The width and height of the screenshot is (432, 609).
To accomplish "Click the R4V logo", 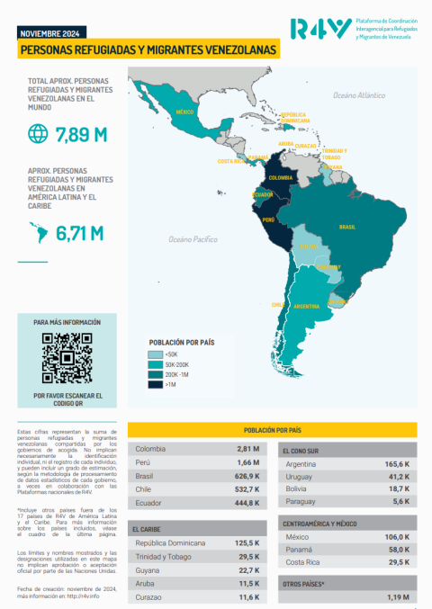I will click(x=320, y=29).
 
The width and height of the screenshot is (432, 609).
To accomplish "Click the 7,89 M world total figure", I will click(x=81, y=136).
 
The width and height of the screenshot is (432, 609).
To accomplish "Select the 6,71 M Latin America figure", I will click(x=79, y=234).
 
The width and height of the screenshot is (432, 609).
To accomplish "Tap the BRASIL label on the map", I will click(x=346, y=227).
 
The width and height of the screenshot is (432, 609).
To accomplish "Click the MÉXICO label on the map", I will click(x=184, y=112).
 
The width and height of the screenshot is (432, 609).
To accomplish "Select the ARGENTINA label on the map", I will click(x=306, y=307).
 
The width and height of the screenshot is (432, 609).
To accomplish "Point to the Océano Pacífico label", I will click(x=193, y=239).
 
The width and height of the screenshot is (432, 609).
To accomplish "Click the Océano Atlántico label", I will click(x=358, y=94).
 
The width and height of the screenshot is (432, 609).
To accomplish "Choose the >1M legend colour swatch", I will click(x=156, y=385).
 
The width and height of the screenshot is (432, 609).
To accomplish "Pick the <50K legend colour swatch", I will click(x=156, y=355).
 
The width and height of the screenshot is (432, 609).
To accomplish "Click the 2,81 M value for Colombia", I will click(x=248, y=449).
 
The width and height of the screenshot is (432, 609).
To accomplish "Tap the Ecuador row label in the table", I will click(x=149, y=503).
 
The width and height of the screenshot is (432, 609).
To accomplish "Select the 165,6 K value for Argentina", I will click(x=397, y=462).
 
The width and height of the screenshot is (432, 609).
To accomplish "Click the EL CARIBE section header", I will click(x=147, y=529).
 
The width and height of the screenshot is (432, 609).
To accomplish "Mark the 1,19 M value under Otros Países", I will click(x=398, y=596).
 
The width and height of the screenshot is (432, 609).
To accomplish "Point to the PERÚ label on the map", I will click(x=268, y=219).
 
